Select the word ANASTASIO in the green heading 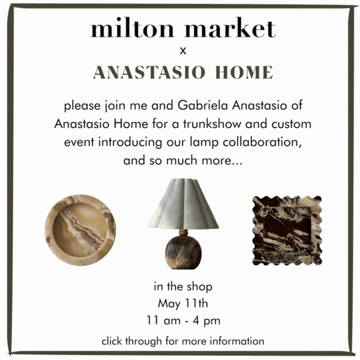pyautogui.click(x=149, y=73)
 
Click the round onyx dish pyautogui.click(x=80, y=230)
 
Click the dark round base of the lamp pyautogui.click(x=183, y=251)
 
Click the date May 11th pyautogui.click(x=183, y=304)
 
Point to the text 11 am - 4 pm pyautogui.click(x=183, y=321)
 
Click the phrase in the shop pyautogui.click(x=183, y=287)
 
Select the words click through pyautogui.click(x=132, y=342)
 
